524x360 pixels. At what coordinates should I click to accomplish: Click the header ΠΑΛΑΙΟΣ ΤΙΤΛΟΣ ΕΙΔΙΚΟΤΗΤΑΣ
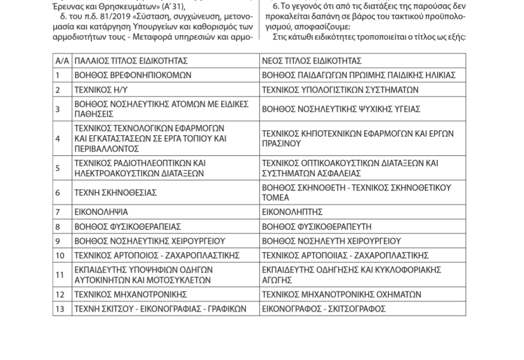click(131, 61)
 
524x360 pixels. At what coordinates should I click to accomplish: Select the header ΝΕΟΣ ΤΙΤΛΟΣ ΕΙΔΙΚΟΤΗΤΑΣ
click(312, 61)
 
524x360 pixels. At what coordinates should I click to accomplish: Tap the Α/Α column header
click(62, 61)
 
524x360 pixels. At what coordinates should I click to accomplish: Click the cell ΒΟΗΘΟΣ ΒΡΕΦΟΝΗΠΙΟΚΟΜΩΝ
click(133, 75)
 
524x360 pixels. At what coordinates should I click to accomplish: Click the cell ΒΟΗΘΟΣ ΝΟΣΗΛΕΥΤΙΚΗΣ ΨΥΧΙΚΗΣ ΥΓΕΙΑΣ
click(341, 109)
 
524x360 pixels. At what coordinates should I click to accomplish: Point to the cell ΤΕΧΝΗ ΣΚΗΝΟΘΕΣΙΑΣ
click(116, 193)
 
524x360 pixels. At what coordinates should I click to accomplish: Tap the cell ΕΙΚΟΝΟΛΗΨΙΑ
click(101, 212)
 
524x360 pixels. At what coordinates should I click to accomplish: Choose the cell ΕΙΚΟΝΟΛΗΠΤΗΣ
click(292, 212)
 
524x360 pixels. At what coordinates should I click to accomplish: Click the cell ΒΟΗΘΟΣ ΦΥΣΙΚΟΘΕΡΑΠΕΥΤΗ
click(317, 226)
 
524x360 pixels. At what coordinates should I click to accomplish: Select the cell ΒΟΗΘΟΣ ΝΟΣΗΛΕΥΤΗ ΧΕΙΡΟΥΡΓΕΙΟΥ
click(332, 241)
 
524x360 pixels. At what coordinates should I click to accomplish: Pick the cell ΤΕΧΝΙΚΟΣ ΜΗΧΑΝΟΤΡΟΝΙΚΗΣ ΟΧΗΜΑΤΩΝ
click(341, 294)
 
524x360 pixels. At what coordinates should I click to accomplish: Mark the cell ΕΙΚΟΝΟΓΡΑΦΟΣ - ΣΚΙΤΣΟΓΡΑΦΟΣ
click(323, 309)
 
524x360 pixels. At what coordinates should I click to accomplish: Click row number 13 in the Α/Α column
click(60, 309)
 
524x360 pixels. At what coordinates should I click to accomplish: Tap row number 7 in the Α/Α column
click(58, 212)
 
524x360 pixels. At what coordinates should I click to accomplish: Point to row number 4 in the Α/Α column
click(58, 139)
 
